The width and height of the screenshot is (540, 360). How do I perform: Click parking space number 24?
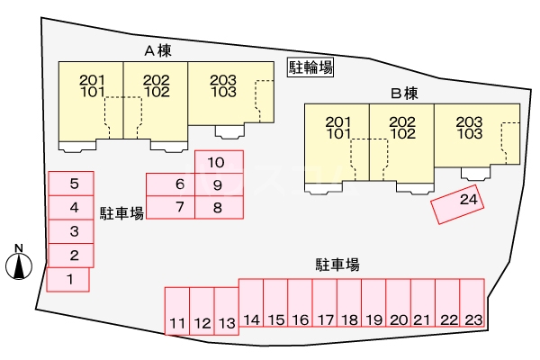click(x=457, y=204)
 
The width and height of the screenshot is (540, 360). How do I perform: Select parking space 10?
click(x=219, y=162)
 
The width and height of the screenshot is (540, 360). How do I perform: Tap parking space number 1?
click(x=67, y=280)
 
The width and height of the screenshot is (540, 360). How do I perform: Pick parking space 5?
click(x=71, y=184)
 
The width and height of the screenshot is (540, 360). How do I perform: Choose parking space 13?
click(x=227, y=311)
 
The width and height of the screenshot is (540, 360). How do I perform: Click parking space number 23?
click(x=472, y=302)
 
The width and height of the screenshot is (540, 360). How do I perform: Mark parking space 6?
click(x=170, y=184)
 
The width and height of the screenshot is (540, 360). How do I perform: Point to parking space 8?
click(x=219, y=207)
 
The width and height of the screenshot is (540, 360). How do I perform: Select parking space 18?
click(x=349, y=302)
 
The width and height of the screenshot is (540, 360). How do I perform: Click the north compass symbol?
click(x=19, y=262)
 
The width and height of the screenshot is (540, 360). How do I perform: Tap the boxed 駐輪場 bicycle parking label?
click(x=310, y=67)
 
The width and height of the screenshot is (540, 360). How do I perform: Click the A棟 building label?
click(x=157, y=51)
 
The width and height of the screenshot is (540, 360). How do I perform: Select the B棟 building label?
click(x=404, y=94)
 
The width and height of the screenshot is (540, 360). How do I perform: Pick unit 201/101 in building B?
click(x=337, y=142)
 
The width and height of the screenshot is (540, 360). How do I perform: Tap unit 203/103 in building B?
click(x=477, y=135)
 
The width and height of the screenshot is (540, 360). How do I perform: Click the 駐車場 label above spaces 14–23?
click(x=337, y=265)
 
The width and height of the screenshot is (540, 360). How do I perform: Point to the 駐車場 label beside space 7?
click(x=121, y=213)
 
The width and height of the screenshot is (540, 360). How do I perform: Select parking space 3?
click(x=71, y=231)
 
